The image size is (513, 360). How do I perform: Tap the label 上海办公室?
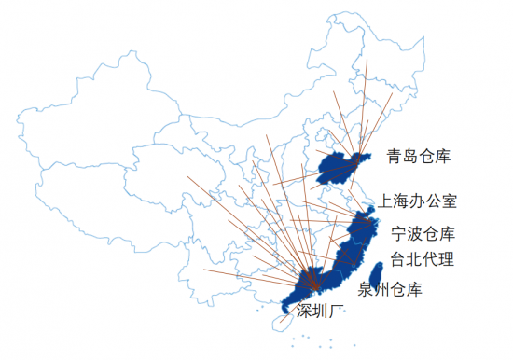pyautogui.click(x=419, y=201)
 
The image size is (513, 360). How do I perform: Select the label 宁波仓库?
pyautogui.click(x=423, y=232)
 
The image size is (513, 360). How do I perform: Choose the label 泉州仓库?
pyautogui.click(x=396, y=289)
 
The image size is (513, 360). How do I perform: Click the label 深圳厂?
pyautogui.click(x=322, y=312)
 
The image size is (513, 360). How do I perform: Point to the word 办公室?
pyautogui.click(x=435, y=201)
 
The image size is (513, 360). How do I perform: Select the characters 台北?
pyautogui.click(x=406, y=259)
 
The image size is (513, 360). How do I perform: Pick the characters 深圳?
pyautogui.click(x=313, y=312)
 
